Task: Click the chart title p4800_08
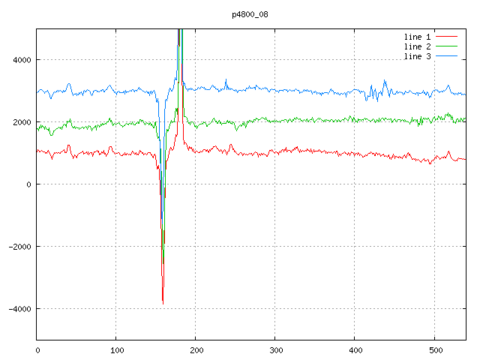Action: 250,14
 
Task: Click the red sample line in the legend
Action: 446,36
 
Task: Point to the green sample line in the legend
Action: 446,46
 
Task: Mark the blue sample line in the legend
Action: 446,57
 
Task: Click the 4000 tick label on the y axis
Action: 21,60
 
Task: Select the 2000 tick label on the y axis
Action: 21,122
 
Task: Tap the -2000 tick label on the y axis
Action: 19,247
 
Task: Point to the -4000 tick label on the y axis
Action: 19,309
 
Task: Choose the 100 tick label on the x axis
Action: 116,349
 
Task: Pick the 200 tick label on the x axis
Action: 196,349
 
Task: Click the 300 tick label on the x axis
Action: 275,349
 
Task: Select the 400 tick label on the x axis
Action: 355,349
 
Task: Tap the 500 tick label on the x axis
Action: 434,349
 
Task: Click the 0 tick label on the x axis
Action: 37,349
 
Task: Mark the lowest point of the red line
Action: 163,303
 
